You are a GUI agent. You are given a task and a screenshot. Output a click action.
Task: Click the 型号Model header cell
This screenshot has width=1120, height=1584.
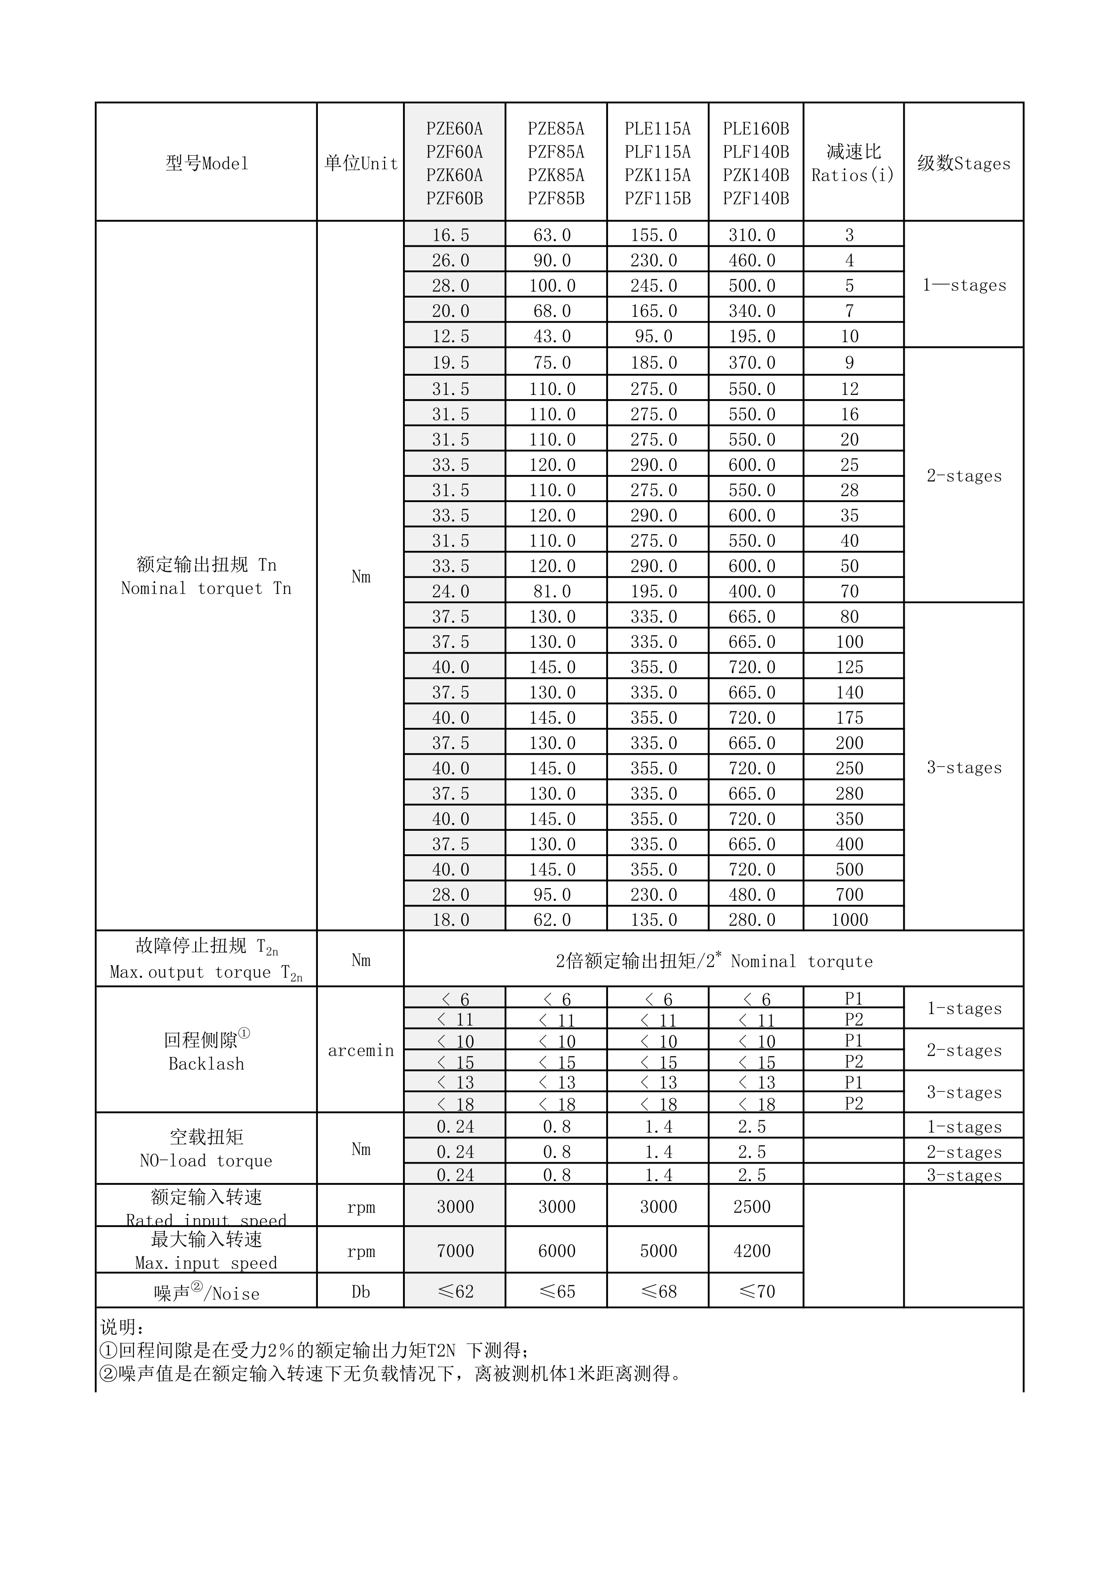[206, 164]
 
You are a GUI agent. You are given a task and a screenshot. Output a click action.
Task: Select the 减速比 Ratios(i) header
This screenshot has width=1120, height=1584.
[853, 164]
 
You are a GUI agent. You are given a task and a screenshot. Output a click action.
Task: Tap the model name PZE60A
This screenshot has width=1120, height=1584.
[454, 129]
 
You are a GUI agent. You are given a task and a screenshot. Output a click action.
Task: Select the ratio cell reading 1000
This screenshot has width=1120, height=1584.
[850, 920]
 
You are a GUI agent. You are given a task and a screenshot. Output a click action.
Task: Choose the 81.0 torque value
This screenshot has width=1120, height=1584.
[552, 591]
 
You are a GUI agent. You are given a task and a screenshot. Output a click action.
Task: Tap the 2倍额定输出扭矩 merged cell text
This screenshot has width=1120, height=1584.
[714, 961]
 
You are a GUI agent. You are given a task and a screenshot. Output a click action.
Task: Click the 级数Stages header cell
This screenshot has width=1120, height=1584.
[963, 164]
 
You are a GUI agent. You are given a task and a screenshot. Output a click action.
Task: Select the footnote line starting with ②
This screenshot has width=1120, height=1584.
[390, 1373]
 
